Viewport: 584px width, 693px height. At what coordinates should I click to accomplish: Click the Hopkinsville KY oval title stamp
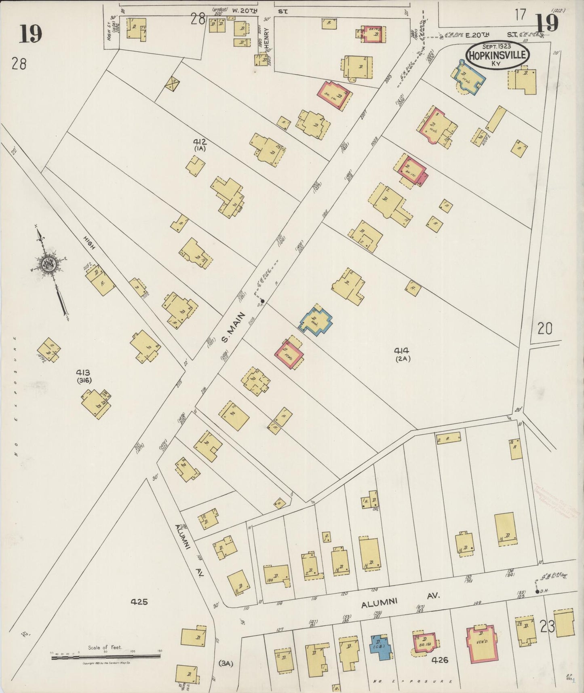coord(498,55)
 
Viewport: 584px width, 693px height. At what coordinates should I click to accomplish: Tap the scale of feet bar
coord(106,658)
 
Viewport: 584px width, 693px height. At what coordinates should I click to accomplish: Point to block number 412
coord(200,142)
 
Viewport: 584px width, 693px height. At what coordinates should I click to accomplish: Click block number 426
coord(440,660)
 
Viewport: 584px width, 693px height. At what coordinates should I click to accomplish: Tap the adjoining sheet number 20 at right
coord(544,329)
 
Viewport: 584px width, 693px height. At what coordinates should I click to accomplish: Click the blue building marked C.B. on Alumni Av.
coord(381,647)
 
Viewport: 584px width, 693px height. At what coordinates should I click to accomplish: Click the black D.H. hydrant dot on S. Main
coord(262,301)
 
